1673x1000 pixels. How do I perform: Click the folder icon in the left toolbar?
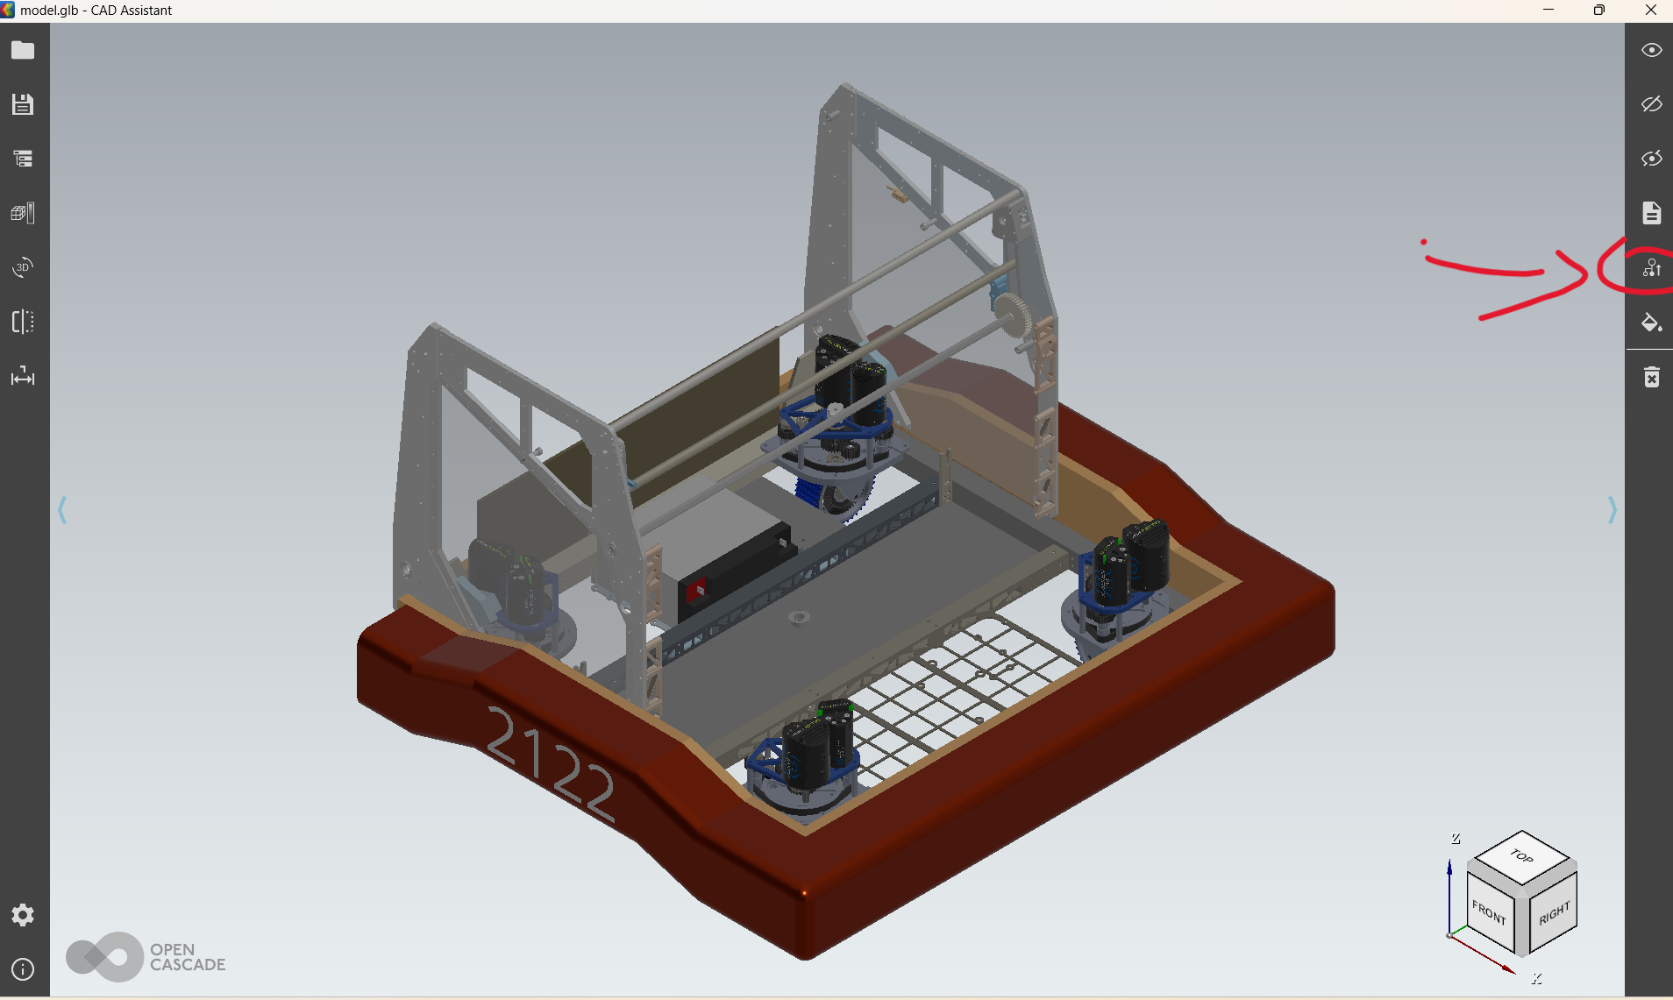pos(23,50)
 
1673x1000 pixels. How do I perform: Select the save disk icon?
pos(23,104)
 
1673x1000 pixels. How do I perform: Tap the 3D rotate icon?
pos(23,267)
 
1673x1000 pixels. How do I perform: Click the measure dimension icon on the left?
pos(23,377)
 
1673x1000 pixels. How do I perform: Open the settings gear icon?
pos(23,915)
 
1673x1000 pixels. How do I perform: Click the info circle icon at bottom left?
pos(23,969)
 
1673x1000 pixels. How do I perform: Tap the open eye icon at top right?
pos(1652,50)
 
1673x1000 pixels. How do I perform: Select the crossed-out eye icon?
pos(1652,104)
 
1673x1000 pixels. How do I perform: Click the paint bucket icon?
pos(1652,323)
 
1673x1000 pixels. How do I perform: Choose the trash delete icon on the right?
pos(1652,377)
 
